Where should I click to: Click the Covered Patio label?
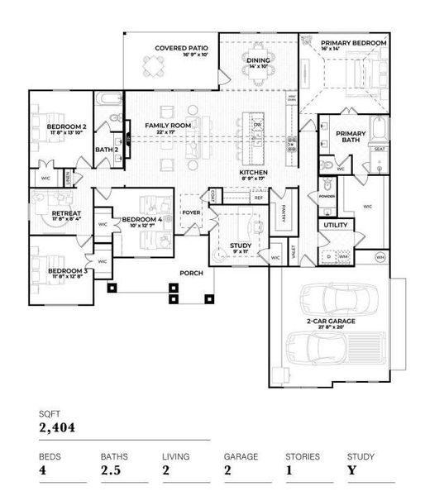[x=181, y=49]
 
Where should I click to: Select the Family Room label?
[x=168, y=126]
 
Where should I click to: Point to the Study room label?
[x=240, y=245]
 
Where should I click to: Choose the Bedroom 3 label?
[x=68, y=271]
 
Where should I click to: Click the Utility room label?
[x=336, y=225]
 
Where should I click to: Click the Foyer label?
[x=192, y=212]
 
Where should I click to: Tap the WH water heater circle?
[x=380, y=257]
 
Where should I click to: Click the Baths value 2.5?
[x=110, y=470]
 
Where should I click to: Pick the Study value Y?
[x=351, y=470]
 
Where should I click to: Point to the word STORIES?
[x=301, y=455]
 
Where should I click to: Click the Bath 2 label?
[x=105, y=150]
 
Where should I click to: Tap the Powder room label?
[x=326, y=197]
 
